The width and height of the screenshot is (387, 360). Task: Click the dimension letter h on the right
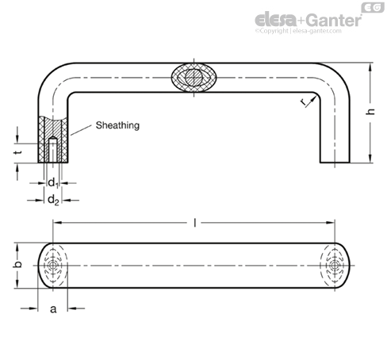(x=370, y=113)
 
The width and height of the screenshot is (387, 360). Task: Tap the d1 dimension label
(x=52, y=183)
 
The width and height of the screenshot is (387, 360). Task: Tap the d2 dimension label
(x=52, y=201)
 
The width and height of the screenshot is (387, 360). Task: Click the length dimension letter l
(x=195, y=224)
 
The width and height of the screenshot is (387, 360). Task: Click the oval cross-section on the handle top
(x=193, y=79)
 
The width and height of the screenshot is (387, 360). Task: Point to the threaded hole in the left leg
(x=53, y=151)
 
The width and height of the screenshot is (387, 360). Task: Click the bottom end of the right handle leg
(x=335, y=163)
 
